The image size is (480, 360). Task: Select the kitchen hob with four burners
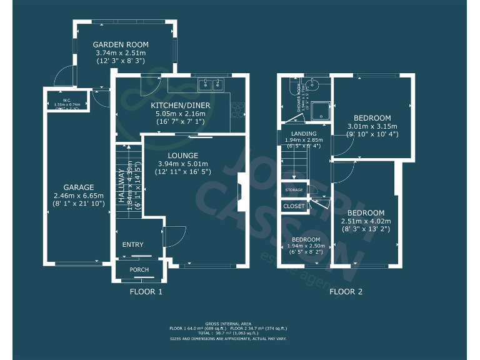(x=238, y=109)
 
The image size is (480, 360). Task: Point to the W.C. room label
(x=66, y=99)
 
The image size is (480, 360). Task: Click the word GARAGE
(x=79, y=187)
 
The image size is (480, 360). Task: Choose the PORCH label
(x=139, y=270)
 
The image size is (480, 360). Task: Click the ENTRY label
(x=132, y=245)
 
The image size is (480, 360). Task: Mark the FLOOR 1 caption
(x=146, y=292)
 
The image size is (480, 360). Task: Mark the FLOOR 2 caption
(x=346, y=292)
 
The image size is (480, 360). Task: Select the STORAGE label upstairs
(x=294, y=189)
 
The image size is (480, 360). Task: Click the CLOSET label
(x=294, y=206)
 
